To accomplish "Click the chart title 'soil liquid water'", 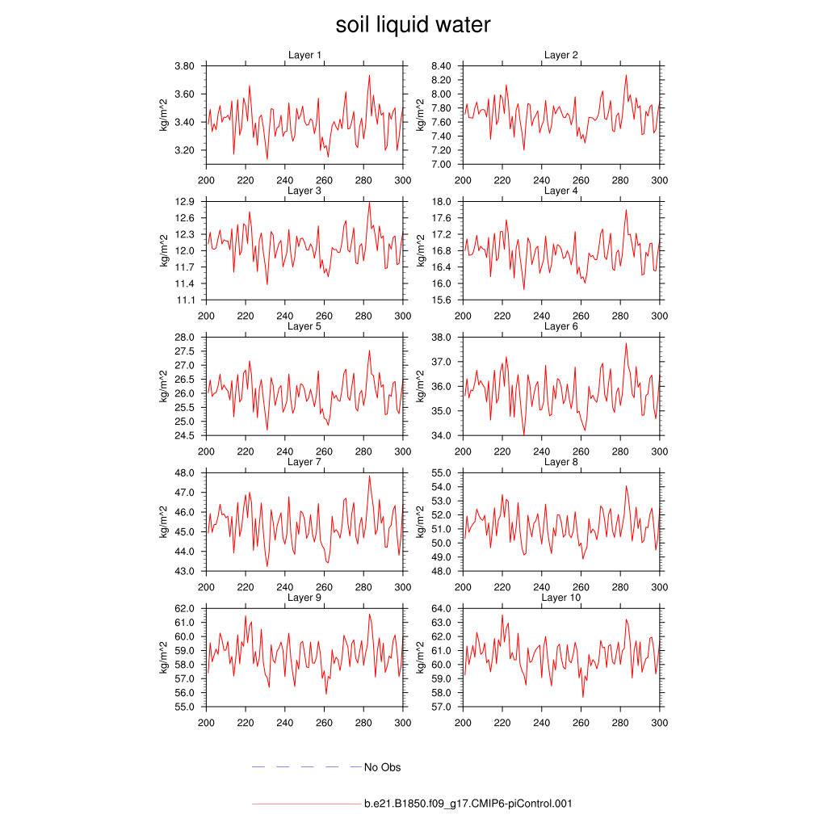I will [413, 25].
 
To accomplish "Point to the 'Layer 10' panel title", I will [558, 598].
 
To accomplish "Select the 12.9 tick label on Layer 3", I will [187, 201].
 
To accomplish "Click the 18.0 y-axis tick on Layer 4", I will [444, 201].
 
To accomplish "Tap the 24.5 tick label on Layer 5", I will [187, 435].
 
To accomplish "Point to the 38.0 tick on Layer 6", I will [444, 337].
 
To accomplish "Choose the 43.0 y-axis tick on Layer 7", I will [187, 571].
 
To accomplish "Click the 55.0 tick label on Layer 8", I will [444, 472].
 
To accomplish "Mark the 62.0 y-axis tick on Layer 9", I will [187, 608].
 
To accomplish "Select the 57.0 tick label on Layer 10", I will [444, 707].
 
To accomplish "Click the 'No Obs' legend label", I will [382, 767].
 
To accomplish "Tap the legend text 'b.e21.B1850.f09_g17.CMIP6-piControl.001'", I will [468, 804].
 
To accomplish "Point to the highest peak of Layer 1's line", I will [369, 76].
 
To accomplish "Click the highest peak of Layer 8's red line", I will [626, 486].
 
